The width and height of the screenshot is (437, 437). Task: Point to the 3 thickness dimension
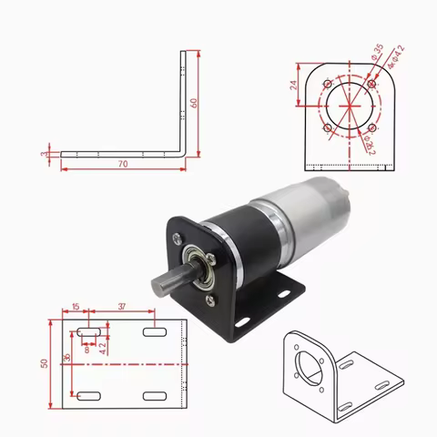tap(45, 156)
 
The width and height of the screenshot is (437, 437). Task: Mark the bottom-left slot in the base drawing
tap(88, 396)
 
